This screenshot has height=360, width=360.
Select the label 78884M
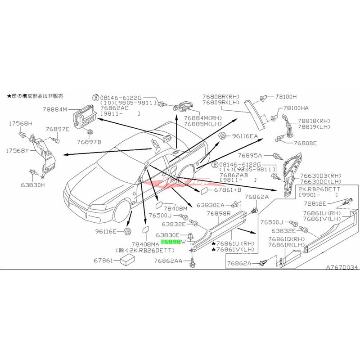tap(55, 109)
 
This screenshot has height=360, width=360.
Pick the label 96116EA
tap(245, 136)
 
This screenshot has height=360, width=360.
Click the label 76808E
tap(305, 143)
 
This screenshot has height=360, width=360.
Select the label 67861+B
tap(228, 190)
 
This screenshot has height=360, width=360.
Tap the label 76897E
tap(58, 129)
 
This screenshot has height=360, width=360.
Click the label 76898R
tap(219, 214)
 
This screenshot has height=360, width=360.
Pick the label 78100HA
tap(296, 108)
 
